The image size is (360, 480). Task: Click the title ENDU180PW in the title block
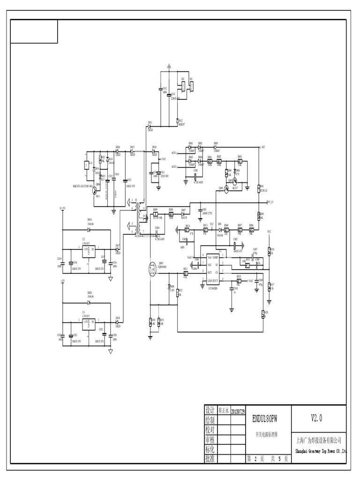pos(265,418)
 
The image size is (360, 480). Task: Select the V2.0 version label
pos(316,418)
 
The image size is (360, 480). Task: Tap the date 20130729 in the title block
pos(237,411)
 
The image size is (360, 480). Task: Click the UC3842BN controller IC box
pos(210,269)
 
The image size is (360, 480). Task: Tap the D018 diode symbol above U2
pos(89,229)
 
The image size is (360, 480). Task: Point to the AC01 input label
pos(174,153)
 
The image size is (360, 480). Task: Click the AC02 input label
pos(174,167)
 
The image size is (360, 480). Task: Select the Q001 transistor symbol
pos(226,188)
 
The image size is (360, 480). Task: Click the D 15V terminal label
pos(62,208)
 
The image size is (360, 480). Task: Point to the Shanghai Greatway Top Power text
pos(321,451)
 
